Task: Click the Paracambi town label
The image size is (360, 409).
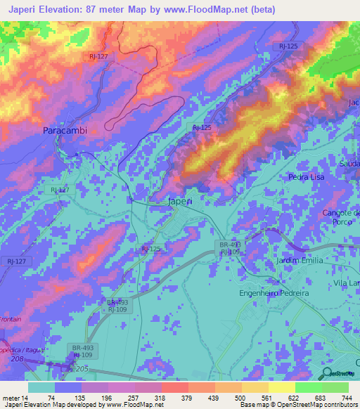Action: pos(64,131)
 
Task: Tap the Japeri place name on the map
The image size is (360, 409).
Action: pos(180,201)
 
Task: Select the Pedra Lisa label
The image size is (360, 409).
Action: pos(307,177)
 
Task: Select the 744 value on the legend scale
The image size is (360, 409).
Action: pos(347,397)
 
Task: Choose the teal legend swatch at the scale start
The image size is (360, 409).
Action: pos(41,387)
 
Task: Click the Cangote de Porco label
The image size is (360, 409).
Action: pos(340,217)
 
